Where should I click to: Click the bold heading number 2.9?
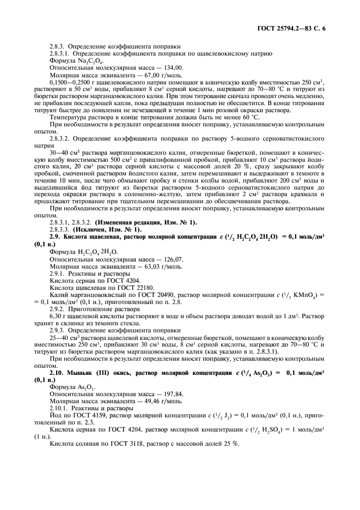55,238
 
